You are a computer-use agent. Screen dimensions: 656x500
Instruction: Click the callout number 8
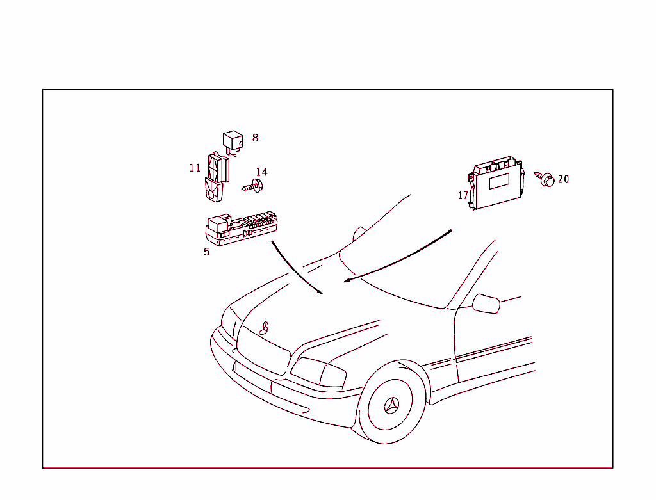point(255,138)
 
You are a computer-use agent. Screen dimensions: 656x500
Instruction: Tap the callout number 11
point(195,168)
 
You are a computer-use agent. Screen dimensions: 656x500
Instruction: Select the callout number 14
point(262,172)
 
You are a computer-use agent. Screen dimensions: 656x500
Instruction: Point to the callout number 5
point(207,252)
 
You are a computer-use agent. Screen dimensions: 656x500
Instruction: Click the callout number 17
point(463,195)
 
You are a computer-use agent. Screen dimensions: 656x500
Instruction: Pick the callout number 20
point(564,179)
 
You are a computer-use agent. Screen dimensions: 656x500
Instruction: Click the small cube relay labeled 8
point(233,143)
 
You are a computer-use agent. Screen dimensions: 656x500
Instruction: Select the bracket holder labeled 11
point(217,177)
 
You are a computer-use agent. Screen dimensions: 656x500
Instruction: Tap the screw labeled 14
point(252,186)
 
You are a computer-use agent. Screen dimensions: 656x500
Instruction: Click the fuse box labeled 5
point(242,229)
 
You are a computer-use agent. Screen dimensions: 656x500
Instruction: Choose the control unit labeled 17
point(496,182)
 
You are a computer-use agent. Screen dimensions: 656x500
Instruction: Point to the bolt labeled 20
point(545,179)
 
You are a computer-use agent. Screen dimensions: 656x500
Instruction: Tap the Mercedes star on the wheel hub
point(391,405)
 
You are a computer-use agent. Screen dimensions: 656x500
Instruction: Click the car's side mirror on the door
point(486,304)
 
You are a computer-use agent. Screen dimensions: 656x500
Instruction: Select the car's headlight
point(318,372)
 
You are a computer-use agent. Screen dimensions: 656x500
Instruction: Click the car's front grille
point(263,350)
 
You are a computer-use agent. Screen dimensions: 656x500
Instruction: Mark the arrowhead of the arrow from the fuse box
point(320,292)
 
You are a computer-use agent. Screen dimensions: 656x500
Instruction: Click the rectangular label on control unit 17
point(499,181)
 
